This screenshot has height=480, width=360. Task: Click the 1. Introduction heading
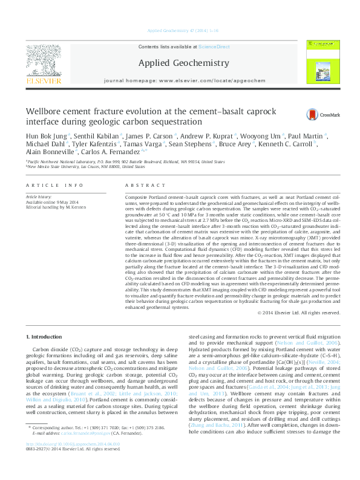click(x=47, y=336)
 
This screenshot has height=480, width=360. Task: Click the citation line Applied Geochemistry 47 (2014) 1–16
click(x=180, y=30)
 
